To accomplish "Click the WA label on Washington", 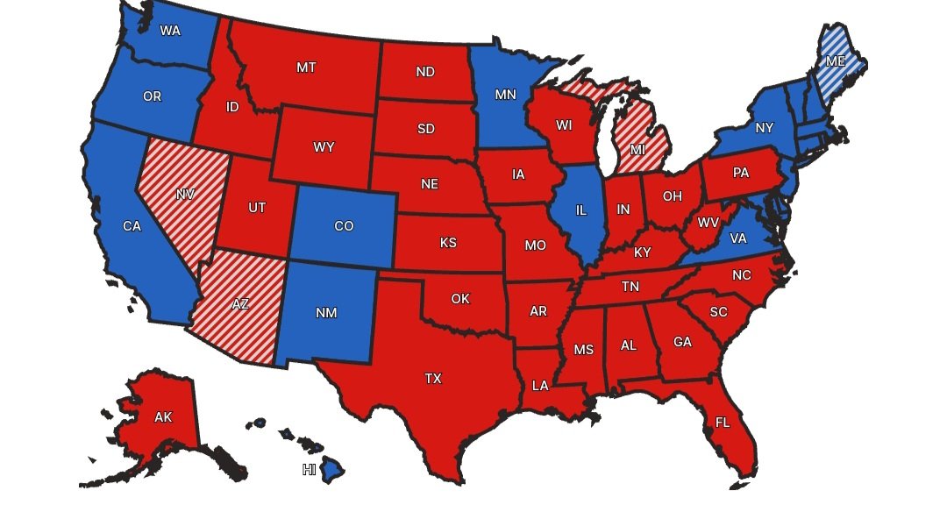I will coord(170,31).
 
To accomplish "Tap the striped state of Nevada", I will coord(185,195).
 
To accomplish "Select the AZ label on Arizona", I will coord(239,304).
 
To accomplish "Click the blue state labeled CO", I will coord(344,226).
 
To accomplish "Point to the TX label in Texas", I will coord(433,379).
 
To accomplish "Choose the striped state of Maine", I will coord(837,61).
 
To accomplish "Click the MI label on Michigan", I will coord(637,150).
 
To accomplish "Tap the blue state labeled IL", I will coord(580,210).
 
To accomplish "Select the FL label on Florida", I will coord(723,423).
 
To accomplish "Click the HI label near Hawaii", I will coord(309,470).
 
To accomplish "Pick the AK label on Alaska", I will coord(163,417).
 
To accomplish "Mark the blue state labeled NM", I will coord(325,312).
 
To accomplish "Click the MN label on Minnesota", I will coord(505,95).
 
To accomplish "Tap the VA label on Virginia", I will coord(738,238).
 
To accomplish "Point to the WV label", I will coord(707,221).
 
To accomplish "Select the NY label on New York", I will coord(765,128).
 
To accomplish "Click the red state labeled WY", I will coord(324,147).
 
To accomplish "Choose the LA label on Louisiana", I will coord(540,385).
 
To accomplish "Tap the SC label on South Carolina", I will coord(719,312).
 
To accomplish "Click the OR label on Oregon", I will coord(152,96).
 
